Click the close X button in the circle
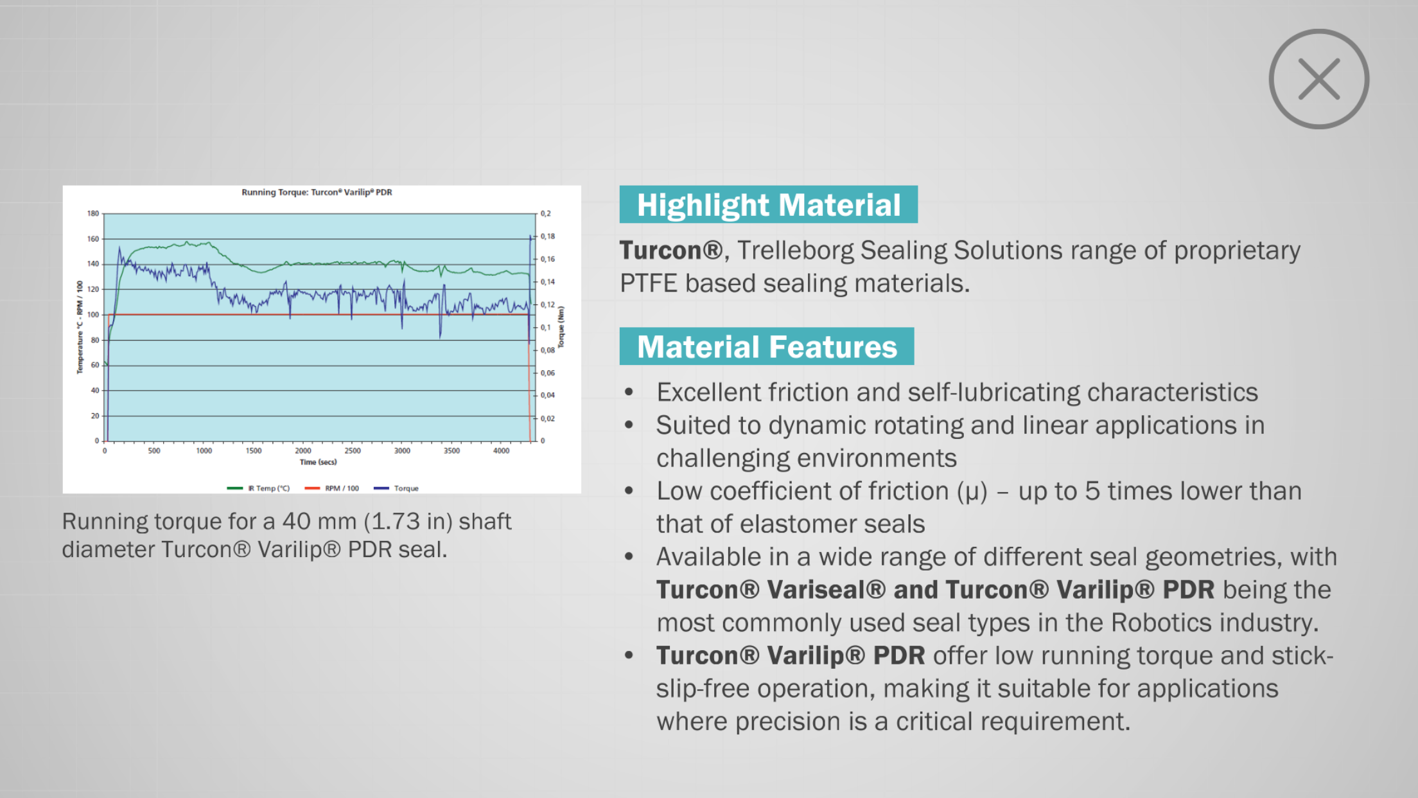coord(1319,79)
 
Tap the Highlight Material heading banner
coord(768,204)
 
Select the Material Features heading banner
coord(766,346)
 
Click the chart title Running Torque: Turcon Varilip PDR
coord(317,192)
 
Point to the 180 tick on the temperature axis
coord(93,213)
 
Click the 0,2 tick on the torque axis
coord(546,213)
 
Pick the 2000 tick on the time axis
coord(302,451)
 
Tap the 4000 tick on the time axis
coord(501,451)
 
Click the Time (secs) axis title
coord(318,462)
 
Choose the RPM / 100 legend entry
coord(332,488)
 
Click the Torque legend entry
coord(396,488)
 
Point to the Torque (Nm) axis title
coord(561,327)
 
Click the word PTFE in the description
coord(649,283)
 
